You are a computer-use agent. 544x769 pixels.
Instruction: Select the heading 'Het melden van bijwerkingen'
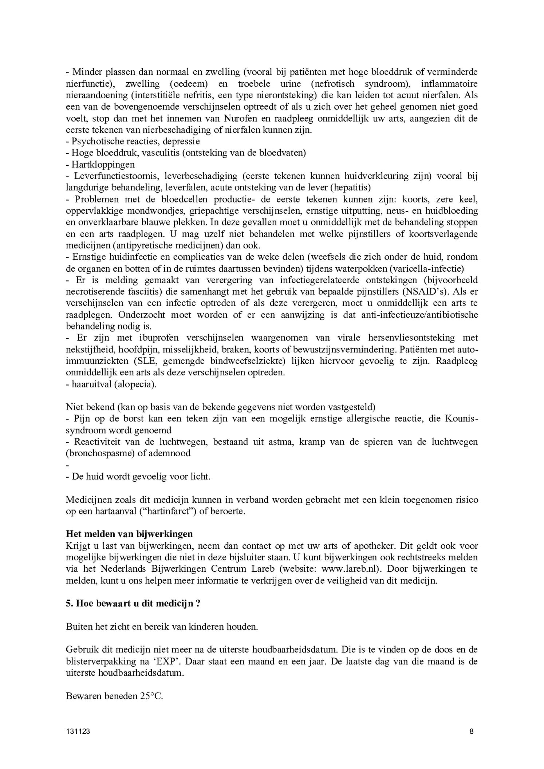(129, 534)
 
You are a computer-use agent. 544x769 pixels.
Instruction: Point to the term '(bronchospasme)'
(95, 453)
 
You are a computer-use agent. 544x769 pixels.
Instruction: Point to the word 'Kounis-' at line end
(461, 419)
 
